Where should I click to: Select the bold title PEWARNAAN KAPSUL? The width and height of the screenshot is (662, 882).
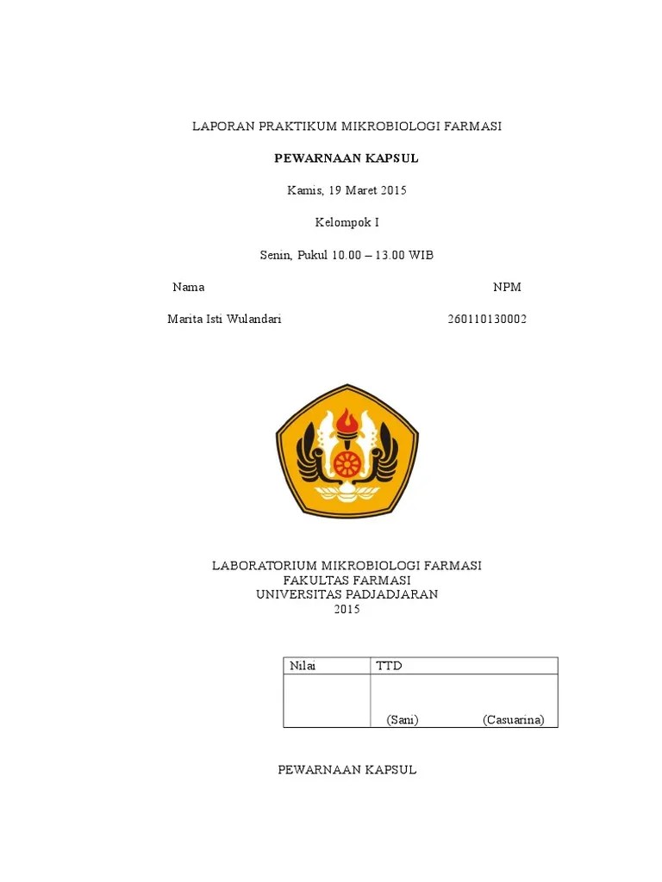pos(347,158)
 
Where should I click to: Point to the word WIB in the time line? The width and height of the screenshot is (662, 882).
pos(422,255)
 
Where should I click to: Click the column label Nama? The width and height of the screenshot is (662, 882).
pos(188,287)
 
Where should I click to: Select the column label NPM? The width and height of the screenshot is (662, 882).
pos(507,287)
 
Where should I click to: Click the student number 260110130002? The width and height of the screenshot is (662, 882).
pos(487,319)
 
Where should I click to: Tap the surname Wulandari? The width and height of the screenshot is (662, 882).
pos(252,319)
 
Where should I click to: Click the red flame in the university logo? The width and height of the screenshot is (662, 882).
pos(347,422)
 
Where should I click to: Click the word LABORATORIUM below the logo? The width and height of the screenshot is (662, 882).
pos(265,565)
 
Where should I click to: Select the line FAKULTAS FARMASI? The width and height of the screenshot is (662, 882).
pos(347,580)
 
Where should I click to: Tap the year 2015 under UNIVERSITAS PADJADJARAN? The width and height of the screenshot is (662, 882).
pos(347,609)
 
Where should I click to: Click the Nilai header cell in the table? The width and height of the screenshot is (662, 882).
pos(303,666)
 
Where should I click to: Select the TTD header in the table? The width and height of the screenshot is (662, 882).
pos(389,666)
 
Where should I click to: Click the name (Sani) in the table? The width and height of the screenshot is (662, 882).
pos(403,720)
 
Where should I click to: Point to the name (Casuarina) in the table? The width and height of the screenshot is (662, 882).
pos(514,720)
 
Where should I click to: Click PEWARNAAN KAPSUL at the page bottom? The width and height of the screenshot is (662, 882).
pos(347,769)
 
